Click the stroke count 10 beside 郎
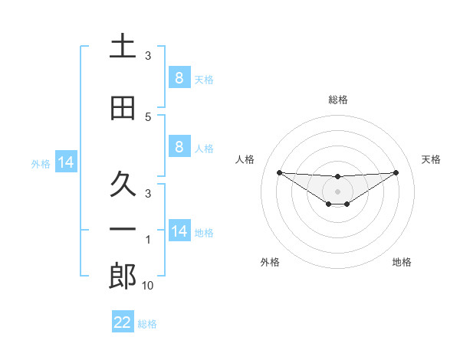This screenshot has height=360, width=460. click(x=148, y=286)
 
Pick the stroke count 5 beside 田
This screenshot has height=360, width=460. click(x=148, y=117)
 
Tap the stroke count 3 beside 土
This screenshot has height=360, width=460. click(x=148, y=56)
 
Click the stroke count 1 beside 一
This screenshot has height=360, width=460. click(x=148, y=241)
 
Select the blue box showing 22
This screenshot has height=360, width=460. click(x=123, y=322)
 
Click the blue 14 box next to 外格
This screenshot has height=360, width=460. click(x=65, y=163)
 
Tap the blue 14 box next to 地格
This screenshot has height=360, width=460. click(x=179, y=231)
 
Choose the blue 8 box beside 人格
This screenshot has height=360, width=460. click(x=179, y=147)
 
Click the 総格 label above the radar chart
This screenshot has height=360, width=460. click(x=337, y=100)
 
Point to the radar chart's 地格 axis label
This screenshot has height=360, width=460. click(x=402, y=262)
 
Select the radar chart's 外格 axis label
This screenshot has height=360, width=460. click(x=270, y=262)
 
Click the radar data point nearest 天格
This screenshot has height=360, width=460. click(x=396, y=172)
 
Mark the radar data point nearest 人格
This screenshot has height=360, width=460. click(x=279, y=172)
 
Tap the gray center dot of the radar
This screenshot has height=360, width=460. click(x=337, y=191)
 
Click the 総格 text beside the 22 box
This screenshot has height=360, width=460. click(x=147, y=324)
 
